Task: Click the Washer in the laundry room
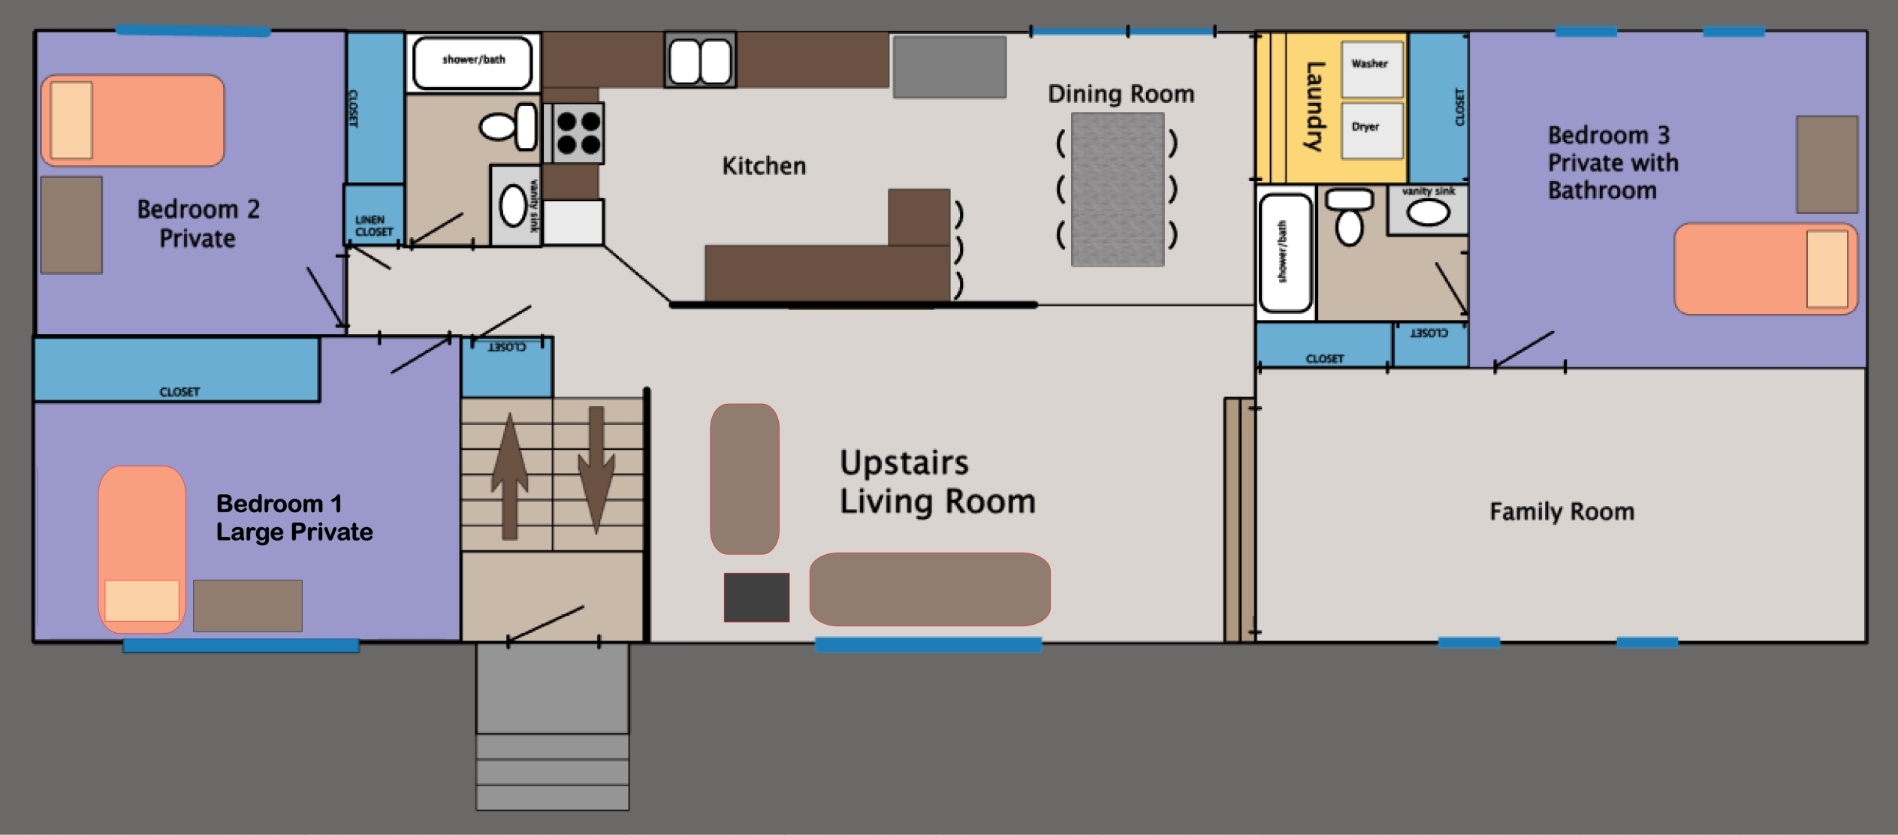(x=1371, y=69)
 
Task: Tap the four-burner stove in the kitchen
(x=578, y=133)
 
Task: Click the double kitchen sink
(x=700, y=60)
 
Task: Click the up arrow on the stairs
(x=509, y=475)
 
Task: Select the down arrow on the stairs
(x=596, y=469)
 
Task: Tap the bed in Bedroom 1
(x=142, y=549)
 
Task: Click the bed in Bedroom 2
(x=133, y=120)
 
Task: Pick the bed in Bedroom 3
(x=1765, y=268)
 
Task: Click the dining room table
(x=1118, y=189)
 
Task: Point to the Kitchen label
(x=764, y=166)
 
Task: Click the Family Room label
(x=1562, y=512)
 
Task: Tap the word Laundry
(x=1314, y=107)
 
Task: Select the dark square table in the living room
(x=756, y=597)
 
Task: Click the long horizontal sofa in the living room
(x=929, y=589)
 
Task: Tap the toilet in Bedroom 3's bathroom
(x=1350, y=217)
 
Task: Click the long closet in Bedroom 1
(x=177, y=369)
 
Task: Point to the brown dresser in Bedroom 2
(x=71, y=225)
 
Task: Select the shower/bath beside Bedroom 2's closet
(x=472, y=63)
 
